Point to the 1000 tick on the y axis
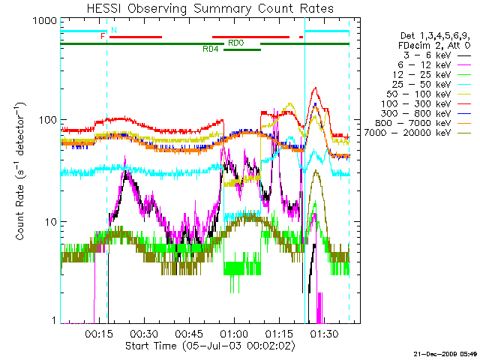(x=46, y=22)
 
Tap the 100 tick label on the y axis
(x=47, y=121)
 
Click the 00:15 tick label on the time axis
(x=98, y=333)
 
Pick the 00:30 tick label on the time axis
(x=143, y=333)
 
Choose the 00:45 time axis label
(x=188, y=333)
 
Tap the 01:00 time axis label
(x=233, y=333)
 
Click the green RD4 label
(x=211, y=49)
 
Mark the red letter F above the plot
(x=103, y=36)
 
